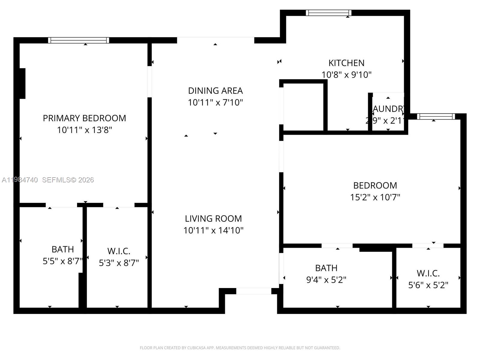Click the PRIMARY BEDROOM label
84,118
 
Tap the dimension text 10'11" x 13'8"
84,130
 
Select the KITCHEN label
346,63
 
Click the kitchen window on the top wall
328,13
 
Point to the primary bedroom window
79,40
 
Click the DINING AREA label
215,91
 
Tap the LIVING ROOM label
213,218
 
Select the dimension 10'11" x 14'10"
213,230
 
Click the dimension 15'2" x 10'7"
375,197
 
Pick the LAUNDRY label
388,109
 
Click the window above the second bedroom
436,116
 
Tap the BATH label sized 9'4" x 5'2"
326,268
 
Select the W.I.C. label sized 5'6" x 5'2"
428,273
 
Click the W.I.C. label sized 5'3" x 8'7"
119,251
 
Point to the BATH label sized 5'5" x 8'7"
62,249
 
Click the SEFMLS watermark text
68,180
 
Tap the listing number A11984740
20,180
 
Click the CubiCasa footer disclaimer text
240,348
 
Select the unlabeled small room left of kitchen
303,106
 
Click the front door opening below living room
253,291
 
